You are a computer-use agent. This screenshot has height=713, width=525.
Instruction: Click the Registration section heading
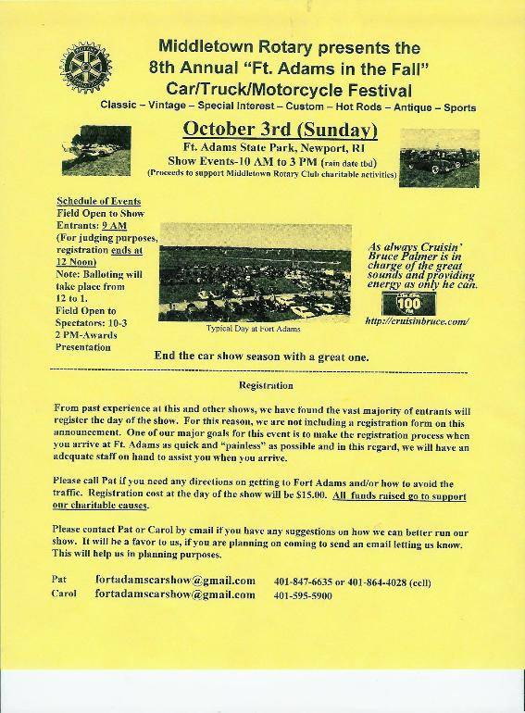(266, 385)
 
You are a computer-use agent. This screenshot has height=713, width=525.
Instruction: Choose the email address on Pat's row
(175, 581)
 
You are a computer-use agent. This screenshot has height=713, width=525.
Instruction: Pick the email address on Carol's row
(175, 594)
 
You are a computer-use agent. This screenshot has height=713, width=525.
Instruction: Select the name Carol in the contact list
(64, 594)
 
